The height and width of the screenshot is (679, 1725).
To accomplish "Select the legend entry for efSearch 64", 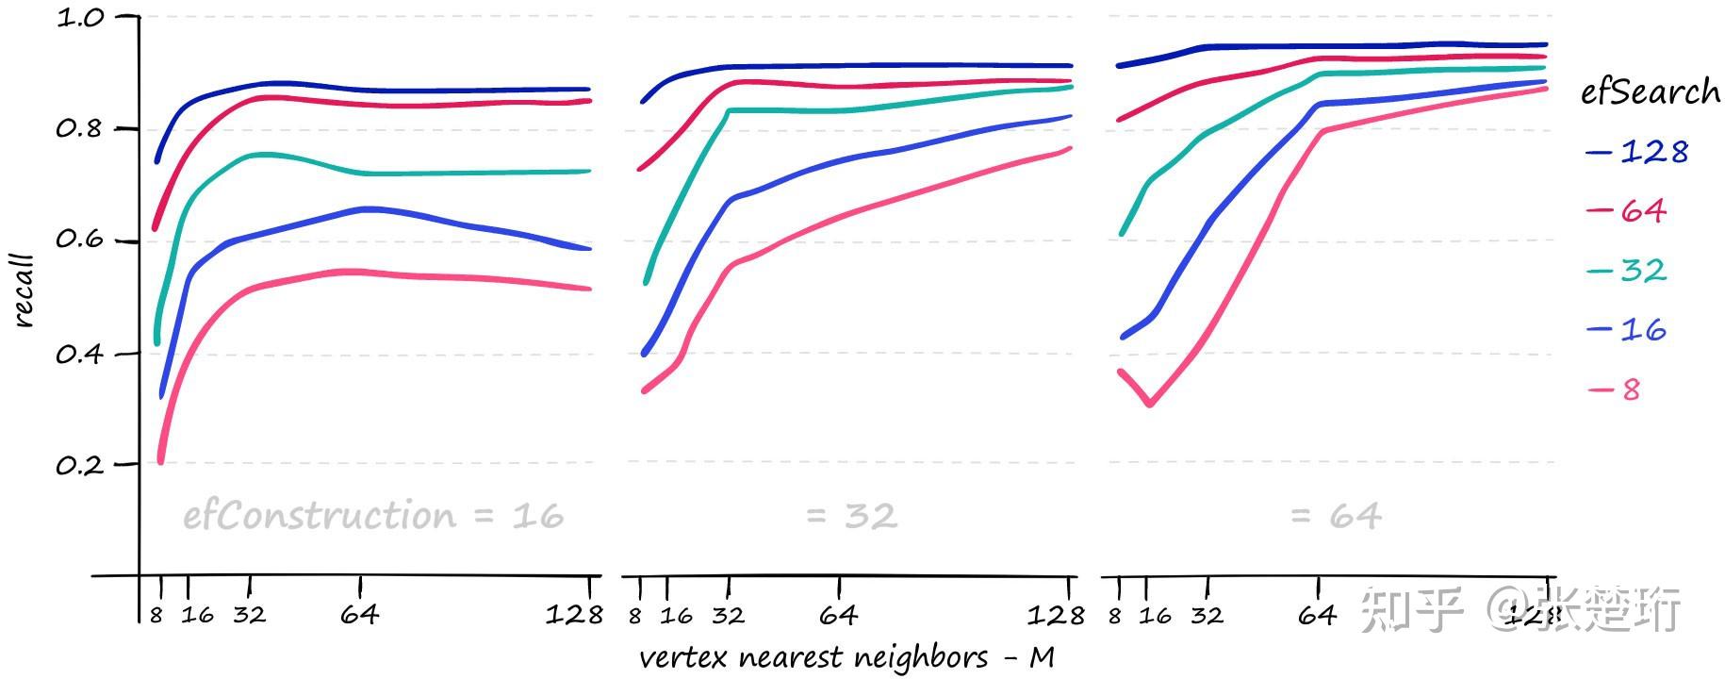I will pyautogui.click(x=1628, y=210).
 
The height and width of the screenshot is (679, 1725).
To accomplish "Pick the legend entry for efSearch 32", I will pyautogui.click(x=1629, y=271).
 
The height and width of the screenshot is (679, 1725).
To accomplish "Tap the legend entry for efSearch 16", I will pyautogui.click(x=1629, y=330).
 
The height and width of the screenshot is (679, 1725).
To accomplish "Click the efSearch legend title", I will pyautogui.click(x=1650, y=92).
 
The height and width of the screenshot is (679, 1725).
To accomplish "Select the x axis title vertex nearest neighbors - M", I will pyautogui.click(x=846, y=657).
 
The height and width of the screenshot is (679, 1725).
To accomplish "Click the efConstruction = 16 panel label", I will pyautogui.click(x=373, y=516).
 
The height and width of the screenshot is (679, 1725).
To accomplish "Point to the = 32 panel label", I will pyautogui.click(x=851, y=516).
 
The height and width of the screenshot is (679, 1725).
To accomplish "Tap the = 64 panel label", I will pyautogui.click(x=1335, y=516).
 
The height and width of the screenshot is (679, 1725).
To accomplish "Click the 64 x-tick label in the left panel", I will pyautogui.click(x=359, y=616).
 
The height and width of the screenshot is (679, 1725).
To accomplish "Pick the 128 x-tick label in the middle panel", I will pyautogui.click(x=1056, y=616).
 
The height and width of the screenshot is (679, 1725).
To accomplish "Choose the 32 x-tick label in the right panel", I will pyautogui.click(x=1207, y=616).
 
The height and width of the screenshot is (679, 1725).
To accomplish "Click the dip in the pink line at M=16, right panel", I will pyautogui.click(x=1150, y=405).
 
